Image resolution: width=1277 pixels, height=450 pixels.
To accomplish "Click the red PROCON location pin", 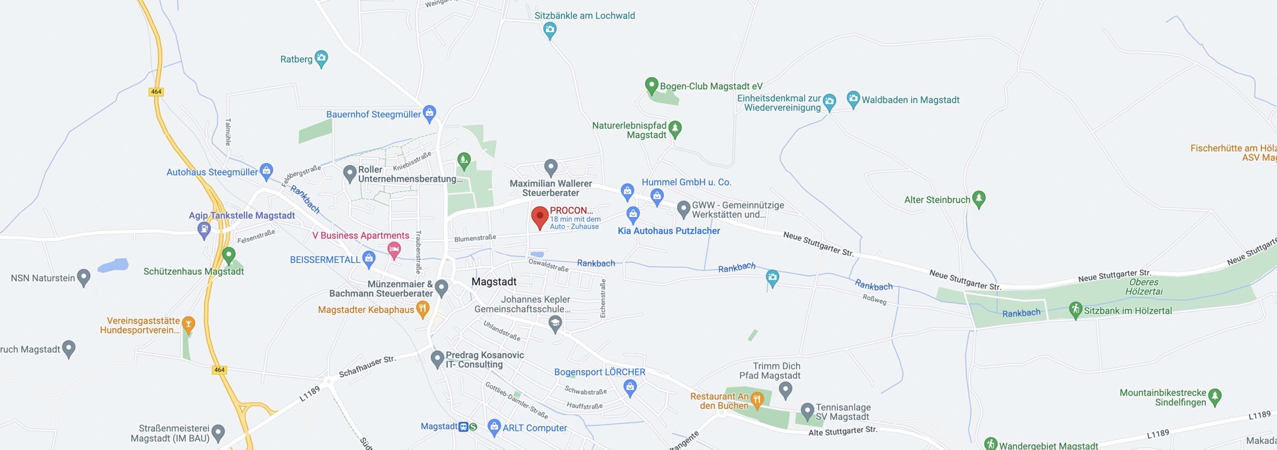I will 539,217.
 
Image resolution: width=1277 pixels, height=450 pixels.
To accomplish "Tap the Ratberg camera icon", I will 322,59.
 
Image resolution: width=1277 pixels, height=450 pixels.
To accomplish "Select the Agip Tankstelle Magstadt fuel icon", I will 204,230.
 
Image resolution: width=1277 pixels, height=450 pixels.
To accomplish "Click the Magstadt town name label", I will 493,282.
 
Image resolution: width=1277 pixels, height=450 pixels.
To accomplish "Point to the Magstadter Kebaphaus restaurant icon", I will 422,308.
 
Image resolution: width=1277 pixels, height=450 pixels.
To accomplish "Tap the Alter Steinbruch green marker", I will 978,198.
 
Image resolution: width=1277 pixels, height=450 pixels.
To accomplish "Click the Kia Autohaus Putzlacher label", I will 668,231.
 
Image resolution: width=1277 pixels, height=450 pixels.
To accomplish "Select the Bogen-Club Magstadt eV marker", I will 652,85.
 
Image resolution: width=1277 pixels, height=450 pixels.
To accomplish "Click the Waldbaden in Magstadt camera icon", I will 853,99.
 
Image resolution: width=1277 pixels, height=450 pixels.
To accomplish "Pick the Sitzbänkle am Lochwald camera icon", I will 549,29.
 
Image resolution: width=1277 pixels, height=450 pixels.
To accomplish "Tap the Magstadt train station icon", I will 463,427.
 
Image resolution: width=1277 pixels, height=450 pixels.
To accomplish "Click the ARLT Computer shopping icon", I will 493,427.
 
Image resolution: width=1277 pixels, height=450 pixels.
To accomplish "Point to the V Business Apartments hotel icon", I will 394,250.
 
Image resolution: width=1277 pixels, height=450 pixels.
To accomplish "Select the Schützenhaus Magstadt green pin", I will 229,254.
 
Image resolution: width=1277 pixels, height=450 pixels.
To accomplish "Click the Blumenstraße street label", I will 475,238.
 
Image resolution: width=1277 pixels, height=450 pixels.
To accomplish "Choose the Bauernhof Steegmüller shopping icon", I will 429,112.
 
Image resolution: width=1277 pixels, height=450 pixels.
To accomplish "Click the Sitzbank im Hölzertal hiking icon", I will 1075,310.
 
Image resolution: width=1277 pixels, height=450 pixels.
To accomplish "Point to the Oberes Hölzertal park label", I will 1144,287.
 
